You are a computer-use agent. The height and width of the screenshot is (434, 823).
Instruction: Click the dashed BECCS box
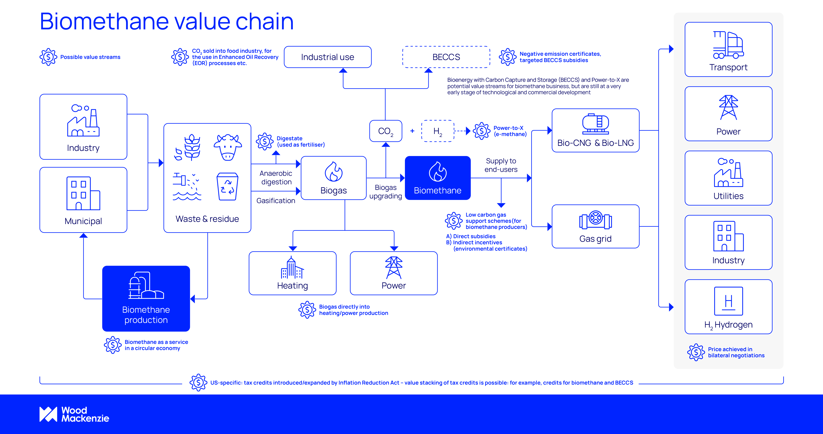tap(446, 57)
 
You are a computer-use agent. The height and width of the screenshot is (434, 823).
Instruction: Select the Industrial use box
tap(327, 57)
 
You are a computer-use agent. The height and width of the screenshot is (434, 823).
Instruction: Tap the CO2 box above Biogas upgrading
tap(386, 131)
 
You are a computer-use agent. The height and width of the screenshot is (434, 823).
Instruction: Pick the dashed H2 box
tap(438, 131)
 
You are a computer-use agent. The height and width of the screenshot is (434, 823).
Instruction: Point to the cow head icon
tap(227, 147)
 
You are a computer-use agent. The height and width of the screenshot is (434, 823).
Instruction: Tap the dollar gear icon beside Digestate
tap(265, 141)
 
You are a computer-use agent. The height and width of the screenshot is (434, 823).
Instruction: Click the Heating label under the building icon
tap(292, 286)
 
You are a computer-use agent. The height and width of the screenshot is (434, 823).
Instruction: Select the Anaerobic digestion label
tap(276, 178)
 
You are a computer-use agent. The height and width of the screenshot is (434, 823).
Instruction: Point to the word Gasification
tap(276, 200)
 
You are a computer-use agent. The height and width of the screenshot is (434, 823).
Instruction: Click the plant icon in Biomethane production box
tap(146, 285)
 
